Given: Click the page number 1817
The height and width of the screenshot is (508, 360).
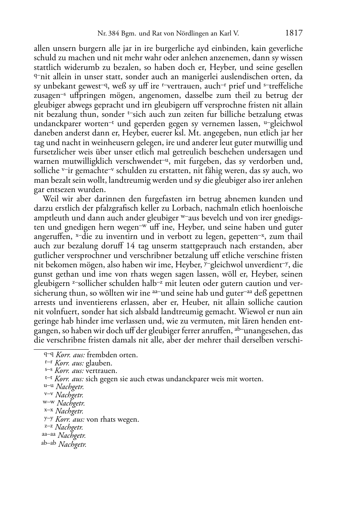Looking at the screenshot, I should click(x=294, y=33).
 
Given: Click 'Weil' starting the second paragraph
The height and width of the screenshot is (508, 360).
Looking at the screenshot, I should click(x=51, y=199).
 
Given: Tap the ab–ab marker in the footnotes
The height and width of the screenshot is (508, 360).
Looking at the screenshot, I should click(x=49, y=444).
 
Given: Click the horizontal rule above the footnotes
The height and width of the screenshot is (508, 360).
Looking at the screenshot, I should click(x=61, y=349).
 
